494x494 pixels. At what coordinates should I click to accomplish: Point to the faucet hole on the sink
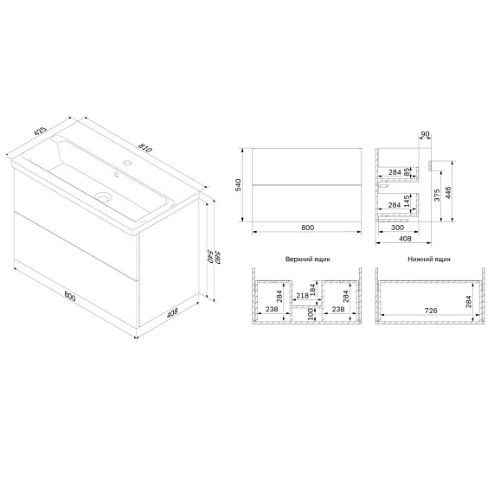click(126, 163)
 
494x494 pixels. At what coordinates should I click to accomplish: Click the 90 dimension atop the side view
click(425, 134)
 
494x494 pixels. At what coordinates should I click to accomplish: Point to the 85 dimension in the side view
click(407, 170)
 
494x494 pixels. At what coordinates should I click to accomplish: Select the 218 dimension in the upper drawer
click(303, 295)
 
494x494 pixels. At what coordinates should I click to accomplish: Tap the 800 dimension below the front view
click(307, 228)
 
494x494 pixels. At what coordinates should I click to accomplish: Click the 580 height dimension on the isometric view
click(207, 258)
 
